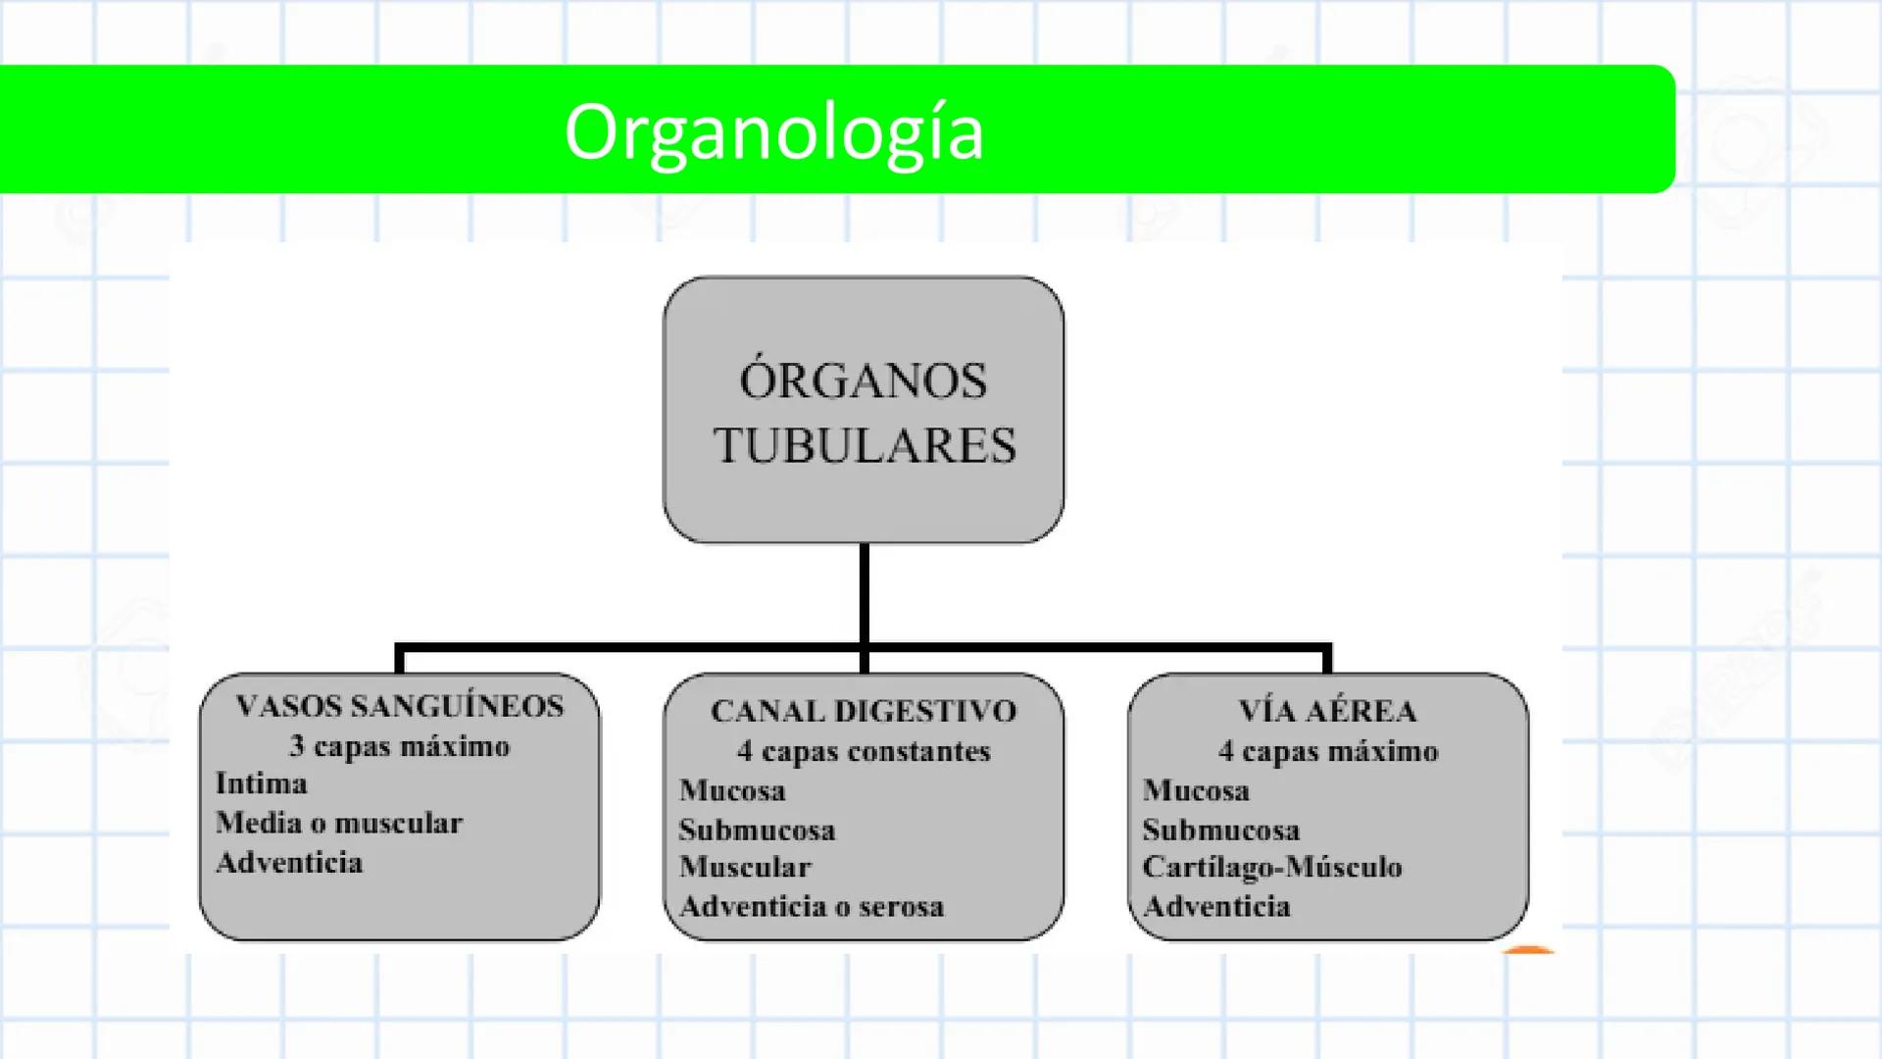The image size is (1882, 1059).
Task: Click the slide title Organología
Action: [x=773, y=132]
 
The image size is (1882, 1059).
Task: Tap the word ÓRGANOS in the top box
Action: [x=864, y=380]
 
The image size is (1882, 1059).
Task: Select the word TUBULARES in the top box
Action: [x=865, y=446]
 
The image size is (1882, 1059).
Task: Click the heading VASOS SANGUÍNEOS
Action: [x=400, y=706]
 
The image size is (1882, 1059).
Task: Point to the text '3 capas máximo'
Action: [x=400, y=746]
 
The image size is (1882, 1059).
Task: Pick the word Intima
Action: [x=262, y=784]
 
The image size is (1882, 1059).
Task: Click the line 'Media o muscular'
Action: [x=339, y=823]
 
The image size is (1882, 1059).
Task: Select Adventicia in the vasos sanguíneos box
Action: [x=289, y=863]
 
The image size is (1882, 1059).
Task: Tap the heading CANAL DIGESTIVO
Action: [x=864, y=711]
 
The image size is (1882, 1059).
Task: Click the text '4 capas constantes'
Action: [x=864, y=751]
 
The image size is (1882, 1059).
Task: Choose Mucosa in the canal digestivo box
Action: [x=732, y=790]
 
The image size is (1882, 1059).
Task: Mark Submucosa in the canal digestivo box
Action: [x=757, y=831]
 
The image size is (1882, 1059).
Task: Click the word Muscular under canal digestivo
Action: [x=745, y=867]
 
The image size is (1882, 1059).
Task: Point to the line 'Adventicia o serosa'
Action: [x=812, y=907]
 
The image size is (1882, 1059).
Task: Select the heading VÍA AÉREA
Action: [x=1327, y=711]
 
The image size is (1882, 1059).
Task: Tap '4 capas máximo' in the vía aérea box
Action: [x=1328, y=751]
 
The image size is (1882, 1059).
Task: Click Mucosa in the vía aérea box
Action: [x=1196, y=790]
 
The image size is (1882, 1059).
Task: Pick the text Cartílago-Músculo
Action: [x=1272, y=867]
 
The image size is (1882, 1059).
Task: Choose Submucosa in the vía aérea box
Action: [x=1221, y=831]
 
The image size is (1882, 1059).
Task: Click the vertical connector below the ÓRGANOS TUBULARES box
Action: [x=864, y=593]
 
